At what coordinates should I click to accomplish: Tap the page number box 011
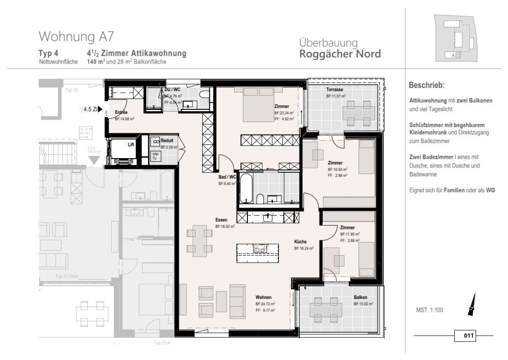point(468,336)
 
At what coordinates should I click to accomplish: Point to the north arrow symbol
point(472,304)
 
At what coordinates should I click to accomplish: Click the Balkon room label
point(361,297)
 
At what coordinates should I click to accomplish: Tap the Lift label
point(131,144)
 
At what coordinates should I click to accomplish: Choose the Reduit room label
point(167,141)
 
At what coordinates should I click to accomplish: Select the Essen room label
point(221,220)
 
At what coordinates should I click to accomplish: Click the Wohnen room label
point(263,297)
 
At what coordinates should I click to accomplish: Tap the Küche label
point(301,242)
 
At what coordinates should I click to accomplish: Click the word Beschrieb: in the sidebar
point(427,85)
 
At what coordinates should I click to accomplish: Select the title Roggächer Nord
point(340,54)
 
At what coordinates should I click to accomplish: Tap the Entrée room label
point(121,112)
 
